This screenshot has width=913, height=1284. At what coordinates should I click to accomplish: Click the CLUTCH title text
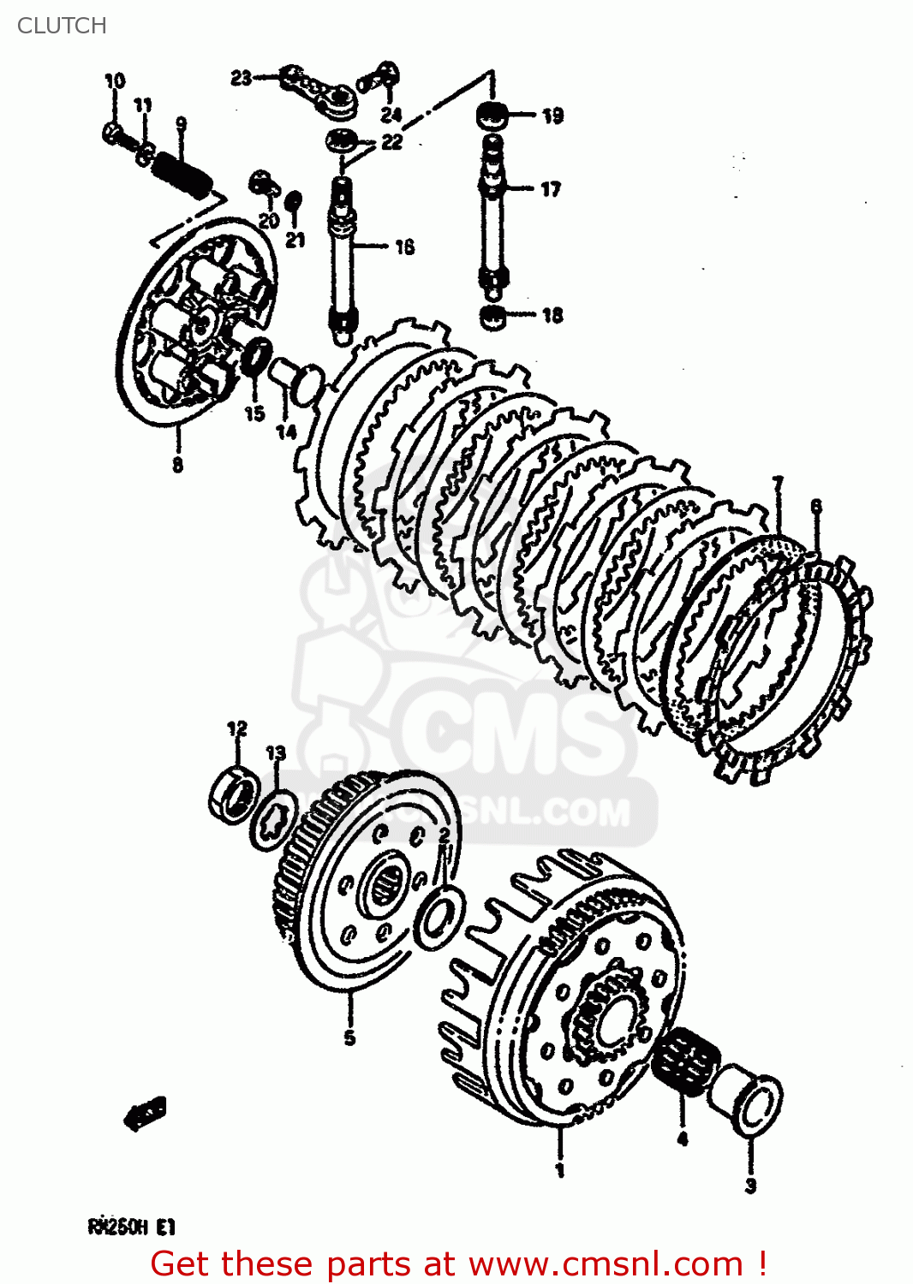(62, 26)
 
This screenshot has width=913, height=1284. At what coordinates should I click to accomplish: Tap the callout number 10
(114, 81)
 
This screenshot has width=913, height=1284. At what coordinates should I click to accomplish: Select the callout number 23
(241, 78)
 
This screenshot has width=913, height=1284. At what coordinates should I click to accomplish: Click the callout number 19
(552, 116)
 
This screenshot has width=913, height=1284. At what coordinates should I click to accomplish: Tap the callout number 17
(551, 189)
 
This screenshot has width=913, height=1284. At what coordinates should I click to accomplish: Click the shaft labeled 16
(342, 257)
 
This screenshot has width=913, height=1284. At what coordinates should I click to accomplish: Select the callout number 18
(552, 315)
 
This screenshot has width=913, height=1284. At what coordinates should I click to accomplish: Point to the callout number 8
(177, 465)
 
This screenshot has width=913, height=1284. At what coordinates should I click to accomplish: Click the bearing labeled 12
(234, 795)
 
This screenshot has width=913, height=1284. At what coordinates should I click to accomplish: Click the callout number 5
(349, 1037)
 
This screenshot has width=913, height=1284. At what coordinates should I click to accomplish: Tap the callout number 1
(559, 1170)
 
